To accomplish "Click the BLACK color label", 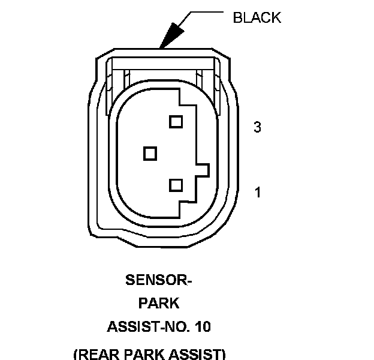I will click(257, 17).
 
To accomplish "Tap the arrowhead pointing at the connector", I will click(170, 35).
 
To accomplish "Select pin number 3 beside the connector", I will click(257, 127).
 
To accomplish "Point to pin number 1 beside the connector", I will click(258, 193).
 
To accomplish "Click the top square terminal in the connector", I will click(176, 122).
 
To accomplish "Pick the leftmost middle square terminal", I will click(150, 154).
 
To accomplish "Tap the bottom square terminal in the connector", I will click(176, 185).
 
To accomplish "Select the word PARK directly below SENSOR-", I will click(159, 304).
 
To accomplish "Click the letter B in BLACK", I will click(237, 17).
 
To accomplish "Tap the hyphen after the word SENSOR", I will click(189, 281).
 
